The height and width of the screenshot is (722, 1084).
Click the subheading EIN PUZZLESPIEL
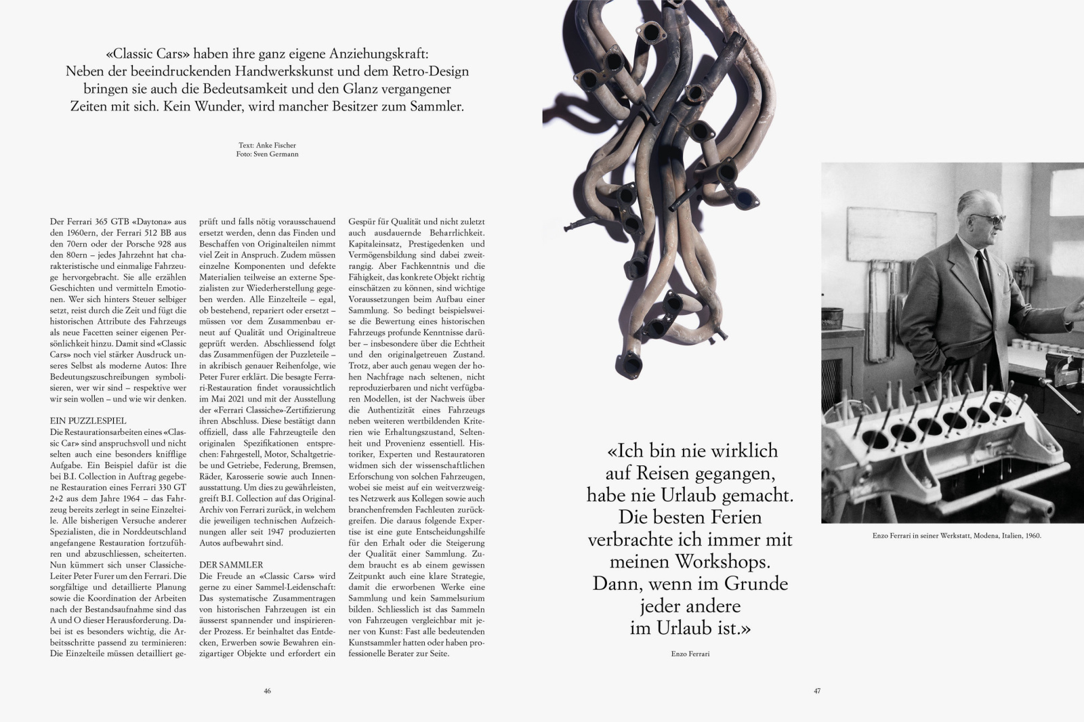[x=88, y=421]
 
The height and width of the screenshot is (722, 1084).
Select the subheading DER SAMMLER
[x=231, y=564]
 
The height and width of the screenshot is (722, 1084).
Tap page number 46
[x=268, y=692]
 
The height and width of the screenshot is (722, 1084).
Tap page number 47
[x=817, y=692]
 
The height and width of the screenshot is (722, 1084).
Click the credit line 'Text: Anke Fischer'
[x=268, y=146]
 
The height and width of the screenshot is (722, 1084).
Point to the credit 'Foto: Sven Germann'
[x=268, y=154]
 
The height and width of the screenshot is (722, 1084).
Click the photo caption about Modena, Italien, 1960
[x=956, y=536]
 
